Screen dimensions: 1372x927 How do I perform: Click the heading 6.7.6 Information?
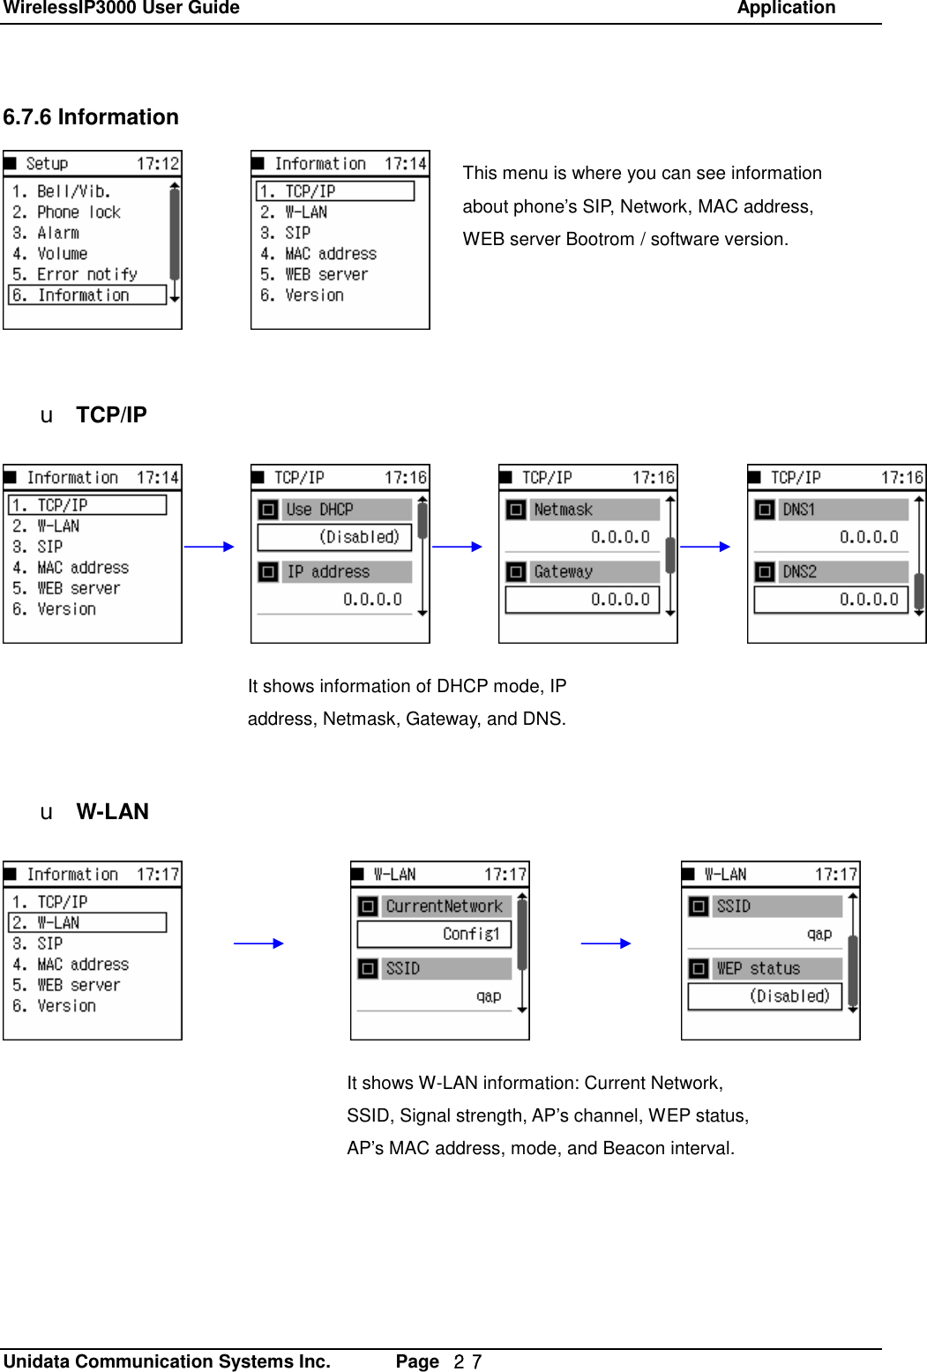click(91, 117)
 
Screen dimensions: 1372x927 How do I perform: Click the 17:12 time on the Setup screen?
click(157, 164)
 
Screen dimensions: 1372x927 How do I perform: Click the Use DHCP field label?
click(319, 510)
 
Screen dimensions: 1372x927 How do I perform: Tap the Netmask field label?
click(563, 510)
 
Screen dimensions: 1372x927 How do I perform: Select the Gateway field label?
click(563, 572)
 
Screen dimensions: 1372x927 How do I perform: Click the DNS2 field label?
click(799, 572)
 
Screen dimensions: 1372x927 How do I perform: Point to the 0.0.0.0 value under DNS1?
click(868, 537)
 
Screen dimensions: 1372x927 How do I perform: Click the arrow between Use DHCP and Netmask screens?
click(458, 547)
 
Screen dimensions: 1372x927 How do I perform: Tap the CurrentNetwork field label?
click(444, 906)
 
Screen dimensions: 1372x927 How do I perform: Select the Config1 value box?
click(434, 934)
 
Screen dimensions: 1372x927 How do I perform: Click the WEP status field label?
click(758, 969)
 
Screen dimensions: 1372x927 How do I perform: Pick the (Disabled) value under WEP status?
click(765, 996)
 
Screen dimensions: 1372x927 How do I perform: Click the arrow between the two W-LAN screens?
click(606, 943)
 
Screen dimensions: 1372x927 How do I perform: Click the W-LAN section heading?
click(112, 812)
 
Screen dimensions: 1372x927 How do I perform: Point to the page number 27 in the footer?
click(467, 1362)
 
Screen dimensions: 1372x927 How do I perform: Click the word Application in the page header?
click(786, 9)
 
